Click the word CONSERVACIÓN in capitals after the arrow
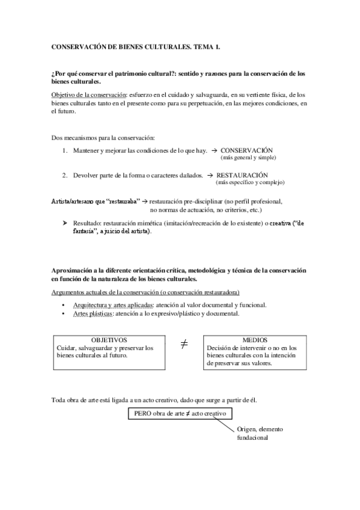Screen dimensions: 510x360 [246, 150]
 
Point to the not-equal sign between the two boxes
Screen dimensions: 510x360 [184, 345]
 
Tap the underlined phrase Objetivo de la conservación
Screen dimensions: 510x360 [86, 94]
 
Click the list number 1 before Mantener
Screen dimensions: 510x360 [64, 150]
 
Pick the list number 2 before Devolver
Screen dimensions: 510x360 [64, 175]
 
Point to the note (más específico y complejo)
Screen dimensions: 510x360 [249, 182]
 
